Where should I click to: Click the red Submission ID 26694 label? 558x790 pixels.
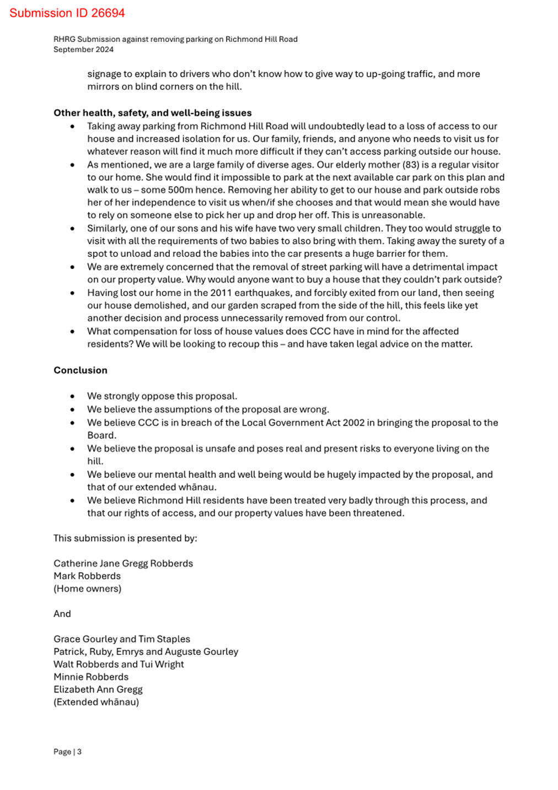click(67, 13)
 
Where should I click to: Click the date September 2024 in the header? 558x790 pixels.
click(83, 50)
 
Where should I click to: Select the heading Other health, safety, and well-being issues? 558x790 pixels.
click(152, 113)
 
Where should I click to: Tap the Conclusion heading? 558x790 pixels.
click(81, 370)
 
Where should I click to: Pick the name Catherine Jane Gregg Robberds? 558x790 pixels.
click(123, 563)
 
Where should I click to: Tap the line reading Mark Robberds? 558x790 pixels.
click(87, 576)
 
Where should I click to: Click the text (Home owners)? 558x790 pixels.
click(87, 589)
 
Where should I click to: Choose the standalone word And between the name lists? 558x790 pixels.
click(62, 614)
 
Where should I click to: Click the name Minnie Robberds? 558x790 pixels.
click(91, 677)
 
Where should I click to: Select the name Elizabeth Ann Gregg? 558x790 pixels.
click(98, 690)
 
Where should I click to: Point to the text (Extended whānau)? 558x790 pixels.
click(96, 702)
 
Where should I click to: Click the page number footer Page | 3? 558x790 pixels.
click(67, 752)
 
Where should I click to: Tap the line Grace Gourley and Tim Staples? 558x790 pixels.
click(122, 639)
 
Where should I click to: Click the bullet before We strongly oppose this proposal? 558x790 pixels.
click(72, 396)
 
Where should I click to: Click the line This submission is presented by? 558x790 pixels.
click(125, 539)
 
